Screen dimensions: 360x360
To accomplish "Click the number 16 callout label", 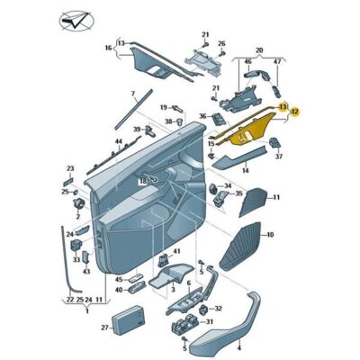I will pos(109,48).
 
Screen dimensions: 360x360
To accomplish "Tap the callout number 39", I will pos(137,130).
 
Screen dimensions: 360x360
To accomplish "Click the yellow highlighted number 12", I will pos(294,112).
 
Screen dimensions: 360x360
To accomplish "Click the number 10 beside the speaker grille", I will pos(268,238).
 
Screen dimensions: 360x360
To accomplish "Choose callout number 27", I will pos(105,328).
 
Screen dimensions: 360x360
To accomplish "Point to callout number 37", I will pos(278,157).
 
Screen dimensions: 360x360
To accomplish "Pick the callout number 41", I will pos(176,251).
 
